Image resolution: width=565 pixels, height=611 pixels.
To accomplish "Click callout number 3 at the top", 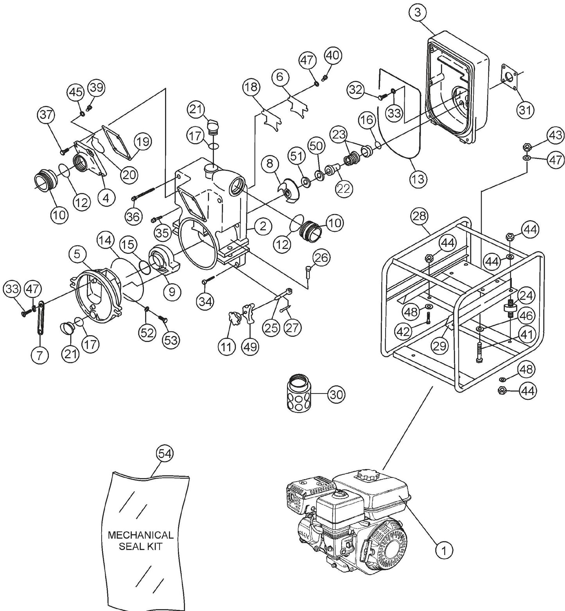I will (x=418, y=13).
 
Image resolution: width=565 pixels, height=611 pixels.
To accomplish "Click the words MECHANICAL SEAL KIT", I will (x=140, y=540).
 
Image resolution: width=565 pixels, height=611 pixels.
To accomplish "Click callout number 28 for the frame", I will (x=420, y=216).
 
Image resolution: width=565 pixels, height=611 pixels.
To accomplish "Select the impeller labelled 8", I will (x=289, y=191).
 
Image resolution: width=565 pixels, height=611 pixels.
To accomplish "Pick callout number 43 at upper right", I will (x=555, y=136).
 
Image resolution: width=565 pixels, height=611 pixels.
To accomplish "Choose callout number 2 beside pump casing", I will (x=262, y=226).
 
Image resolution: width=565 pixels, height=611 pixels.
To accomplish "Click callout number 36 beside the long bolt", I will (x=133, y=216).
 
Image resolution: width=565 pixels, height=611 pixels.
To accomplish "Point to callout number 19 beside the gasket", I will (x=143, y=142).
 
